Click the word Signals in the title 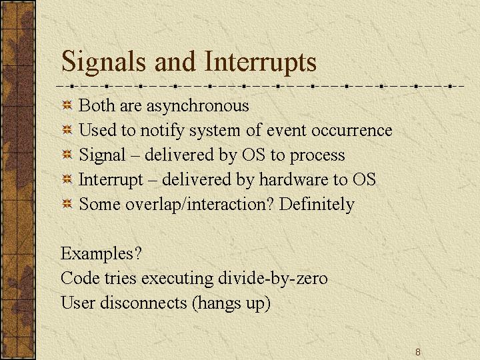(x=104, y=63)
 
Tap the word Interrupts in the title (x=260, y=63)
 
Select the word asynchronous (x=198, y=106)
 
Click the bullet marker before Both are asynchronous (x=67, y=105)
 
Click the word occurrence (x=352, y=131)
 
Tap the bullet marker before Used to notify (x=67, y=130)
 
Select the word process (x=317, y=156)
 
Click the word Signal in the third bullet (x=102, y=155)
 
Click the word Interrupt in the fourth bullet (x=111, y=180)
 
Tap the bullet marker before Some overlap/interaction (x=67, y=204)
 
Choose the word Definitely (x=317, y=205)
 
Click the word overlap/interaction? (x=199, y=205)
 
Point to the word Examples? (x=101, y=254)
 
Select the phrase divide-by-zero (x=273, y=279)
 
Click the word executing (x=177, y=279)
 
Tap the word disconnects (x=143, y=303)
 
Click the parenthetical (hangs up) (x=231, y=303)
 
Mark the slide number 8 (x=418, y=352)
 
